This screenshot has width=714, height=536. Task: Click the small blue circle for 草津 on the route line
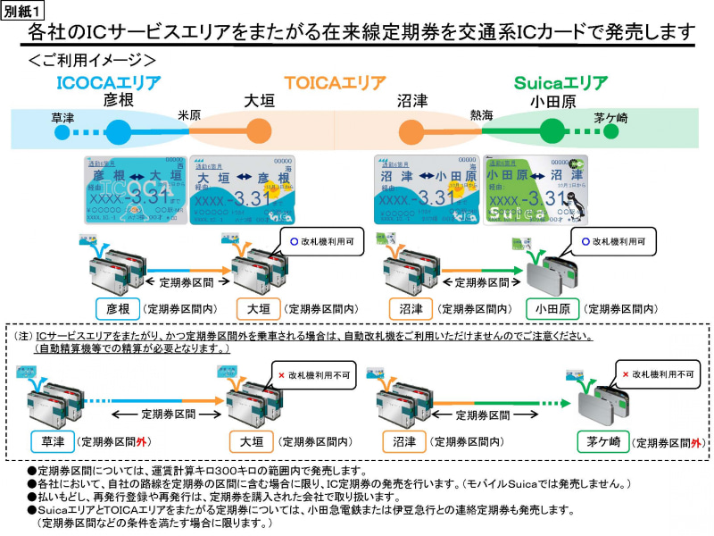click(x=62, y=132)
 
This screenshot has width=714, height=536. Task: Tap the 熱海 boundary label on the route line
click(x=482, y=115)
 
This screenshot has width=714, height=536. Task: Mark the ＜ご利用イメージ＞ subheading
click(x=92, y=61)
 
